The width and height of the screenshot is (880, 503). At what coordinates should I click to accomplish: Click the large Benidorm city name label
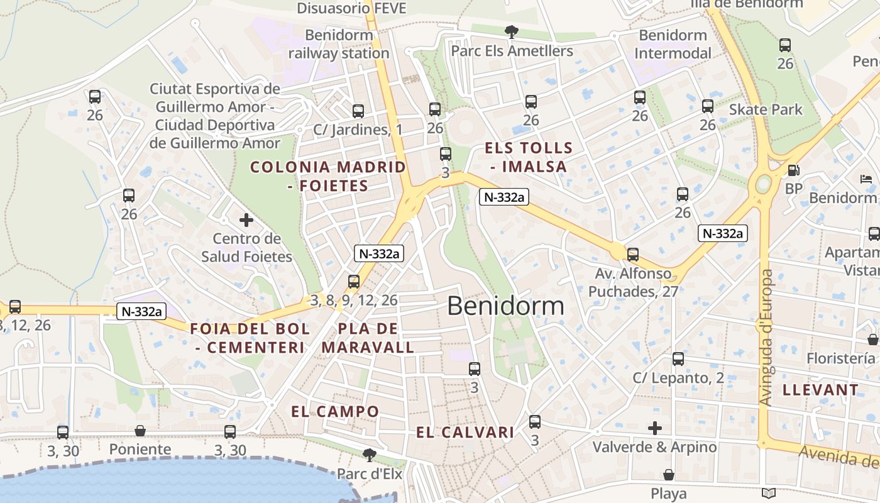coord(505,306)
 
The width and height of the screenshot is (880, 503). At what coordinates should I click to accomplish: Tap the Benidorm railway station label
coord(339,44)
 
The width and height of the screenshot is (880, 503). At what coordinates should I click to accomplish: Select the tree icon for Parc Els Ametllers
coord(512,31)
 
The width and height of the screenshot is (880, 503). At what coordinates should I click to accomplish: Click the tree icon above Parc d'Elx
coord(370,454)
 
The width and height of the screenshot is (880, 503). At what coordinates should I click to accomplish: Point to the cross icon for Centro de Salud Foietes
coord(246,220)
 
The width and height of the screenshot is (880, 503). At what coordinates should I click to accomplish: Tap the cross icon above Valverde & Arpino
coord(655,428)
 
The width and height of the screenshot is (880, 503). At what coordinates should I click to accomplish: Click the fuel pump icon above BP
coord(794,170)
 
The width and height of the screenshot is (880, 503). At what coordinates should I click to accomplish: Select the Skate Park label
coord(766,109)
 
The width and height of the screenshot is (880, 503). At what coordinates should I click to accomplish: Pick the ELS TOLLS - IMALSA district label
coord(529,157)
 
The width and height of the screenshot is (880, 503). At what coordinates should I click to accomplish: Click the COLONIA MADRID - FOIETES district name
coord(328,176)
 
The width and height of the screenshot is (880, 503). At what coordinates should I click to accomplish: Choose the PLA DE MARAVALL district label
coord(368,338)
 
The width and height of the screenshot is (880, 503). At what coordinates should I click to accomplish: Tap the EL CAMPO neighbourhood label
coord(335,412)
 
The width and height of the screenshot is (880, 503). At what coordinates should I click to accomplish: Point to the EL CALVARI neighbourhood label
coord(465,433)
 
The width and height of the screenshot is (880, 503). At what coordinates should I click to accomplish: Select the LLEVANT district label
coord(820,390)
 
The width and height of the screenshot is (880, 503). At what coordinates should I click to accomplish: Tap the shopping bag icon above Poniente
coord(140,431)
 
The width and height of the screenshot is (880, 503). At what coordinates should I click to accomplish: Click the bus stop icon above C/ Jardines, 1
coord(358,111)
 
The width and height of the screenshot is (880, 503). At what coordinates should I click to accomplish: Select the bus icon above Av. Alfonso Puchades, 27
coord(633,255)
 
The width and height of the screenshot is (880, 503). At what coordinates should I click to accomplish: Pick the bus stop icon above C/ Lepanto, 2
coord(678,359)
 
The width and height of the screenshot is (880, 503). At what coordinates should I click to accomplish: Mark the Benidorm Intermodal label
coord(672,44)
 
